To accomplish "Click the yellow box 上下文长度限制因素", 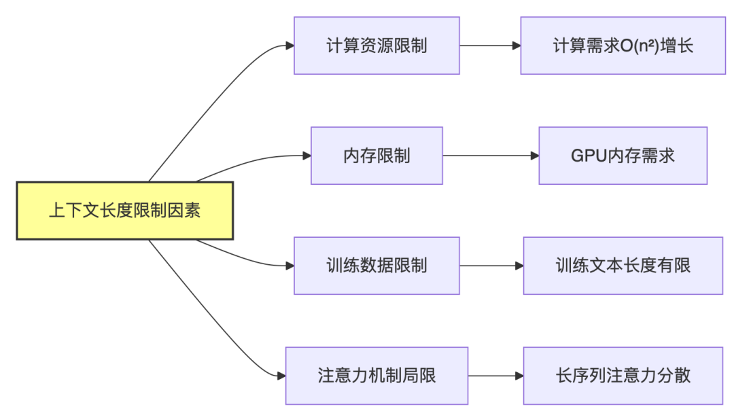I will click(x=124, y=211).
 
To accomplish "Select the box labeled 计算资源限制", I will click(x=377, y=46).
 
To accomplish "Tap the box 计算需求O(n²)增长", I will click(x=623, y=46).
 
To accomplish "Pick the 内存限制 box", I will click(x=377, y=156).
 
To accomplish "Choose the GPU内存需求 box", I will click(x=623, y=156).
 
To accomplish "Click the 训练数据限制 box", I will click(x=377, y=266).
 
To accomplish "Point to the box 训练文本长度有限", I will click(x=623, y=266).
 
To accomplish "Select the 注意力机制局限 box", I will click(x=377, y=376).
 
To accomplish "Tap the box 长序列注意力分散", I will click(x=623, y=376).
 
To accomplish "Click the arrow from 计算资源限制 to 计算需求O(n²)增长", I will click(x=489, y=46).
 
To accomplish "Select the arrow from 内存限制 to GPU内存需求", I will click(x=490, y=156).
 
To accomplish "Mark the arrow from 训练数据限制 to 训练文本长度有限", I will click(x=491, y=266).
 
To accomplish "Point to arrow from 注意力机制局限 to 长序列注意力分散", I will click(x=495, y=376).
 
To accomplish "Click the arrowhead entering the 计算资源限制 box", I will click(x=290, y=46).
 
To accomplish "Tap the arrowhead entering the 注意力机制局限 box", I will click(x=281, y=376).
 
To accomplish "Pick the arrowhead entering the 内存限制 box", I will click(x=307, y=156).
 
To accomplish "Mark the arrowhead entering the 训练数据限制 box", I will click(x=290, y=266).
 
